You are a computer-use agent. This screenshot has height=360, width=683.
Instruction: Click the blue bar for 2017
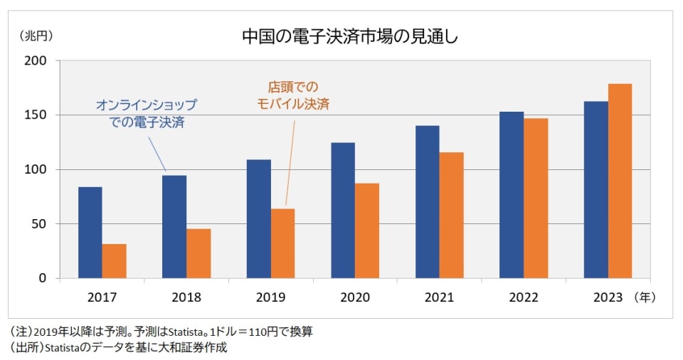(90, 232)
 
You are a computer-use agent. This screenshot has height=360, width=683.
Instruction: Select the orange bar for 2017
(114, 260)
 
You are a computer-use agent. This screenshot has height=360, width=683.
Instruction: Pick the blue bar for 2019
(258, 218)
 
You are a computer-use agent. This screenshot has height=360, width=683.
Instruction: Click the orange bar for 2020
(367, 231)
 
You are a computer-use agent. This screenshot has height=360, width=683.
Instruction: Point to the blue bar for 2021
(428, 201)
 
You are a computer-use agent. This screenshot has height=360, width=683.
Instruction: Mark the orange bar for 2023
(620, 181)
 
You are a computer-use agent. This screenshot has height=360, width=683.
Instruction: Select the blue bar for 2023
(595, 189)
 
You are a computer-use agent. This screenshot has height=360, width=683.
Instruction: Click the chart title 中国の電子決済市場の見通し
(350, 36)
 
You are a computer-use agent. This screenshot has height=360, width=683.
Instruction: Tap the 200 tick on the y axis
(36, 61)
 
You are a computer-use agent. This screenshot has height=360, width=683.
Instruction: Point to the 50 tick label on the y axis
(39, 224)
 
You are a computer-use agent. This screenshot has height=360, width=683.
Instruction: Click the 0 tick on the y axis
(43, 278)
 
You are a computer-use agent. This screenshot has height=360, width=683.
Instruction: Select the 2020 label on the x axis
(355, 297)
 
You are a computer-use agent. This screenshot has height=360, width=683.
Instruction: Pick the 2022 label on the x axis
(524, 297)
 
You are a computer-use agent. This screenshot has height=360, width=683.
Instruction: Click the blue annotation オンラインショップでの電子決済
(147, 113)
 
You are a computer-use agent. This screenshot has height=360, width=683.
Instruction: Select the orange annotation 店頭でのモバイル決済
(292, 95)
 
